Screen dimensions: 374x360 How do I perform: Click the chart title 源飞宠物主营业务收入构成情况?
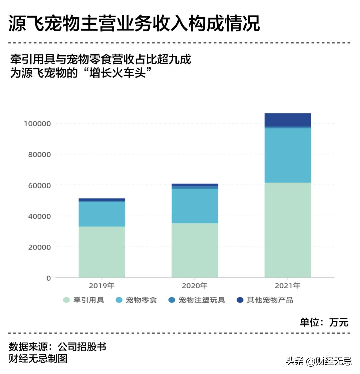(134, 23)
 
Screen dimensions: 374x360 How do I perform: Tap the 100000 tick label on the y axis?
(37, 124)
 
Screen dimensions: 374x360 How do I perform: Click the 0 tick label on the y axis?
(49, 278)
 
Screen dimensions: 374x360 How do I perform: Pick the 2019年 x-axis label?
(102, 286)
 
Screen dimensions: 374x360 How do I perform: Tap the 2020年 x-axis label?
(195, 286)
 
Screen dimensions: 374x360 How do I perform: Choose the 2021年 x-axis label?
(288, 286)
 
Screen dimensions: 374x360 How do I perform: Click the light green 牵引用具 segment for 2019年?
(102, 252)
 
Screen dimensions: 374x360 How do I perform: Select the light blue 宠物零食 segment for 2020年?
(195, 206)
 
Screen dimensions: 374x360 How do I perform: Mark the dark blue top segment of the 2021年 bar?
(288, 120)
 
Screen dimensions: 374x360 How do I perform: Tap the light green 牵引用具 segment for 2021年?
(288, 230)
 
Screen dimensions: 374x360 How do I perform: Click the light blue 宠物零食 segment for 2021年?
(288, 155)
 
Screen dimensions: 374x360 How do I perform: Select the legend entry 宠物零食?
(137, 300)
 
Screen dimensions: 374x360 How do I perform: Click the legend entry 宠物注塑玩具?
(197, 300)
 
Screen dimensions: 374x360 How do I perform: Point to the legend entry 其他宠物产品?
(265, 300)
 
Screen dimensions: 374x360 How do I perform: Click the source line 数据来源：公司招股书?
(57, 347)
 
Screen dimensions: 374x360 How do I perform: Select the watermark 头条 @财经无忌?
(319, 361)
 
